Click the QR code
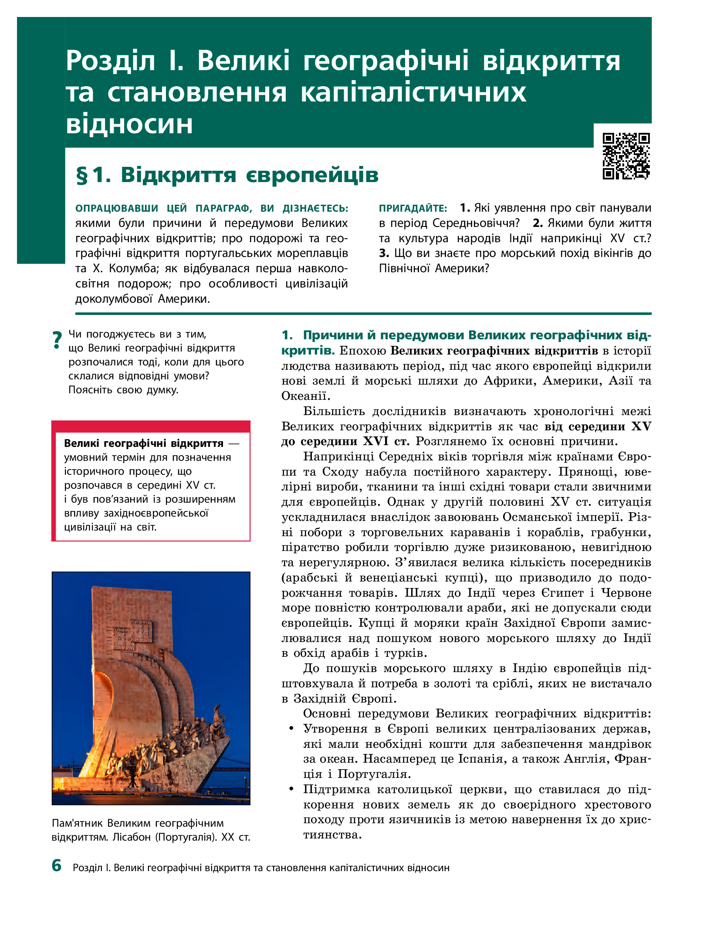point(626,156)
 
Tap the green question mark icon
point(57,340)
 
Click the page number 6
point(57,874)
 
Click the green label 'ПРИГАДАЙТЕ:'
point(413,209)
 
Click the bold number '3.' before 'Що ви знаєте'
point(384,253)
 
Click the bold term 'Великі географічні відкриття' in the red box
point(144,443)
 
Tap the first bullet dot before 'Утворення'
point(291,729)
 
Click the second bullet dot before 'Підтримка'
point(291,789)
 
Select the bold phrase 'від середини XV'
point(598,426)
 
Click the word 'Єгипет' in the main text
point(563,593)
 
